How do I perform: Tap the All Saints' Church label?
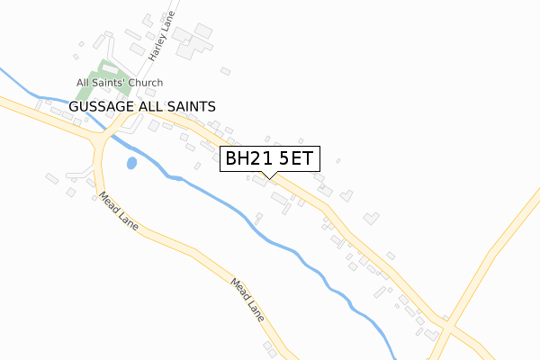(120, 83)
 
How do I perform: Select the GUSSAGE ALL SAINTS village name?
(142, 106)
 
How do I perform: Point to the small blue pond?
(132, 164)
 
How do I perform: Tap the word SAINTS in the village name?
(192, 106)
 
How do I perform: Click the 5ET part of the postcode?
(296, 158)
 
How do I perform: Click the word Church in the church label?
(145, 83)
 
